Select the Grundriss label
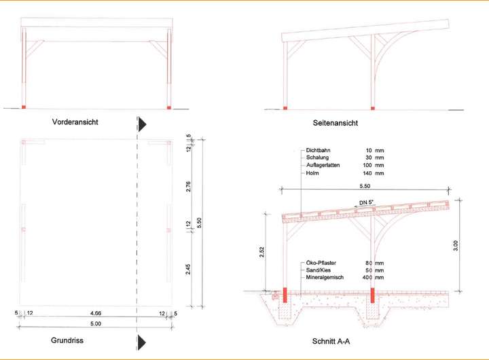tap(67, 340)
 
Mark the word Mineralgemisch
tap(326, 277)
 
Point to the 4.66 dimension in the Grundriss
tap(91, 313)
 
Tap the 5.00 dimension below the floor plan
tap(94, 324)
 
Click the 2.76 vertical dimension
tap(189, 185)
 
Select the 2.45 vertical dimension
tap(189, 269)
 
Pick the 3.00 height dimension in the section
tap(455, 245)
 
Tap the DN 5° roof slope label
tap(367, 202)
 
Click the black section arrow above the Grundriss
tap(143, 124)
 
